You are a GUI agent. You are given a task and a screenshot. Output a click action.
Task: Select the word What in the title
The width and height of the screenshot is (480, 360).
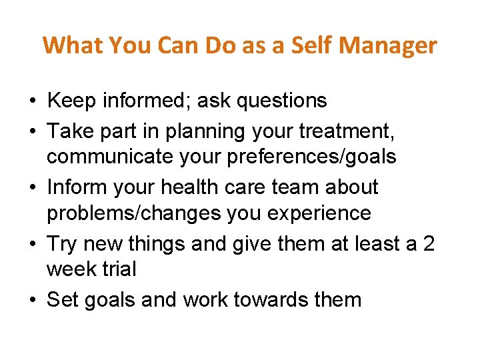coord(73,45)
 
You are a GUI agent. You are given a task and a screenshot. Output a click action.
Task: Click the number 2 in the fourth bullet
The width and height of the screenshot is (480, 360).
coord(428,243)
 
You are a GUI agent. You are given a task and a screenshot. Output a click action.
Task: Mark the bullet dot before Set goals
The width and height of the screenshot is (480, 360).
coord(33,300)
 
